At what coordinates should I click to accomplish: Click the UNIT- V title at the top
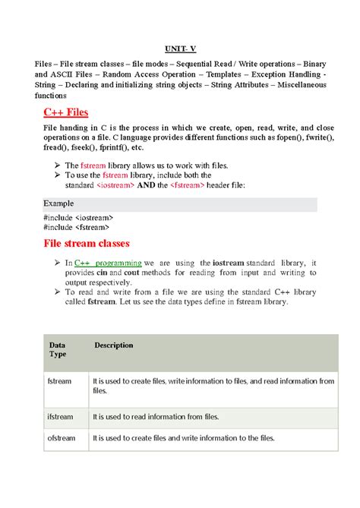click(181, 47)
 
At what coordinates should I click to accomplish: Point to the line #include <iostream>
click(76, 218)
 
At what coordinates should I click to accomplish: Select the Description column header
click(114, 346)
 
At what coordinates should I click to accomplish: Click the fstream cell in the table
click(59, 381)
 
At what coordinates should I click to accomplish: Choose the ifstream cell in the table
click(60, 417)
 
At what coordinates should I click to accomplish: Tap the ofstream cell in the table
click(60, 438)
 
